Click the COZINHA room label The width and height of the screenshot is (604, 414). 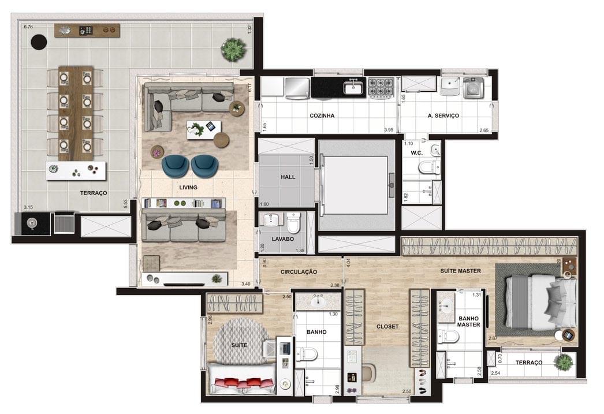[x=322, y=115]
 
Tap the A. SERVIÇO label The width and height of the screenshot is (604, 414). [x=443, y=115]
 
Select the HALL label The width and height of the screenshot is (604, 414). [x=288, y=177]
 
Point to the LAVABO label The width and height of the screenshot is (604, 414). [x=283, y=238]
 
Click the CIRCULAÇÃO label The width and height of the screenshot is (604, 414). [x=299, y=271]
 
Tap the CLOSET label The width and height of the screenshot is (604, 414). [x=387, y=326]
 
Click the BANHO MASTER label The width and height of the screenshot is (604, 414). [x=469, y=321]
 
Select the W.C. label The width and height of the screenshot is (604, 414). [x=417, y=153]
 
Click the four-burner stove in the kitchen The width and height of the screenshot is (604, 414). [x=381, y=87]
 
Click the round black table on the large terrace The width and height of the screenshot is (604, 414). [x=39, y=42]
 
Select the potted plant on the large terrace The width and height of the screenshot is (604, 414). [x=233, y=49]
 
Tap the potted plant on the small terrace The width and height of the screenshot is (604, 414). [x=562, y=363]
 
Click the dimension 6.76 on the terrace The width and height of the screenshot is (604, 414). [x=28, y=27]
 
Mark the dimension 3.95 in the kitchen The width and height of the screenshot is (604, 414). [x=388, y=130]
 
